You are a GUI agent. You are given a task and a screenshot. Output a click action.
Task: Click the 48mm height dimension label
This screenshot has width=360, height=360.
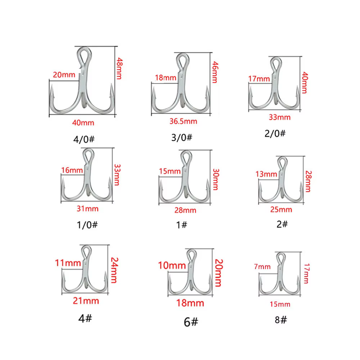coord(120,68)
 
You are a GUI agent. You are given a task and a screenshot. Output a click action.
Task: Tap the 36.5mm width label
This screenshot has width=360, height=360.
coord(183,121)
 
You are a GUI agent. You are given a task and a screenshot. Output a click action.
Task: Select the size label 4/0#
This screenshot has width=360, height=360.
coord(84,139)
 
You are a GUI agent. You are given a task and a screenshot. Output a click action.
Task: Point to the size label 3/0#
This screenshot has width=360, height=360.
coord(181,138)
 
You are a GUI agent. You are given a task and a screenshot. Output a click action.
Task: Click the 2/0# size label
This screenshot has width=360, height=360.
coord(275,134)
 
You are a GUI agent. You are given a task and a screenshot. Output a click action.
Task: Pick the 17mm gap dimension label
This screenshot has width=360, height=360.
coord(259,79)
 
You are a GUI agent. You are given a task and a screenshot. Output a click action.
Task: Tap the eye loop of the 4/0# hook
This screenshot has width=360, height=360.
coord(84,56)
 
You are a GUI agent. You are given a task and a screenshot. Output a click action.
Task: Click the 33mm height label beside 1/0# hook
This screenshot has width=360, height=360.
coord(117,175)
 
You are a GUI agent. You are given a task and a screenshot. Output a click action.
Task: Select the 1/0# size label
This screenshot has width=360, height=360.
coord(87,225)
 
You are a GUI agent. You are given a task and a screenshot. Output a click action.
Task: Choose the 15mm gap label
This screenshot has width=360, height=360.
coord(170,171)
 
